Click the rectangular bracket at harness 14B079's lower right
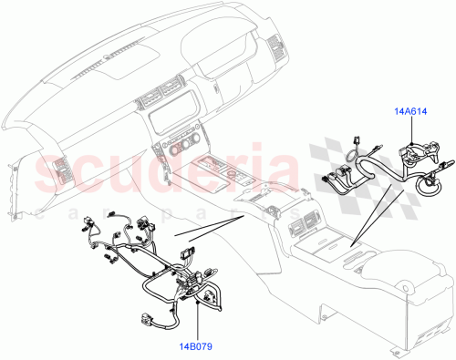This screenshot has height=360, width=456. click(217, 297)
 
